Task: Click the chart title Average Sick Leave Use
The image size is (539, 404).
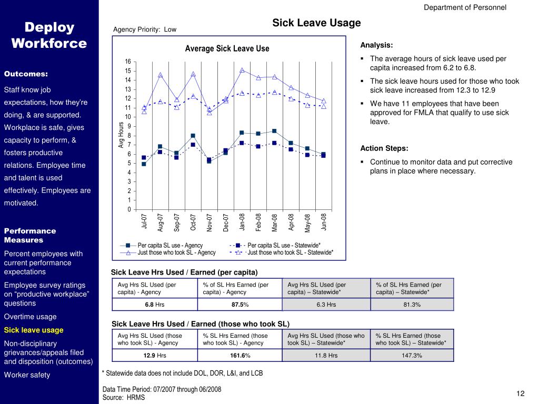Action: click(x=227, y=49)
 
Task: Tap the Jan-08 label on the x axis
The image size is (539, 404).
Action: click(x=242, y=222)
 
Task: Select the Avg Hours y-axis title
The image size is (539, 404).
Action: click(x=121, y=135)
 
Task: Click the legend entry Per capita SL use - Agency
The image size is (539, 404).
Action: click(x=170, y=245)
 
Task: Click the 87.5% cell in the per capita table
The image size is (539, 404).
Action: click(x=241, y=305)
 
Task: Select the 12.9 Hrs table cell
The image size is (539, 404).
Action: click(x=155, y=356)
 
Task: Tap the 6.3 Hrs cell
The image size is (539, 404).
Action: click(x=326, y=305)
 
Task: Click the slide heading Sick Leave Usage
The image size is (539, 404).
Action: click(x=316, y=23)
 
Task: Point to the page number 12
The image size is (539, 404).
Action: click(x=521, y=394)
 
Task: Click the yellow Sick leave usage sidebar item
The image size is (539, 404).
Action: click(x=34, y=330)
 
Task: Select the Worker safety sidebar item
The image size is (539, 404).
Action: click(x=27, y=375)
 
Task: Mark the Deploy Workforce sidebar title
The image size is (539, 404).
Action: click(x=49, y=35)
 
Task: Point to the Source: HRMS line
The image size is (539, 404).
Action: click(x=124, y=398)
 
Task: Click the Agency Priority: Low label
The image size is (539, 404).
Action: click(x=145, y=29)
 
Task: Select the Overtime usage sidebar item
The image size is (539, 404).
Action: click(x=31, y=317)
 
